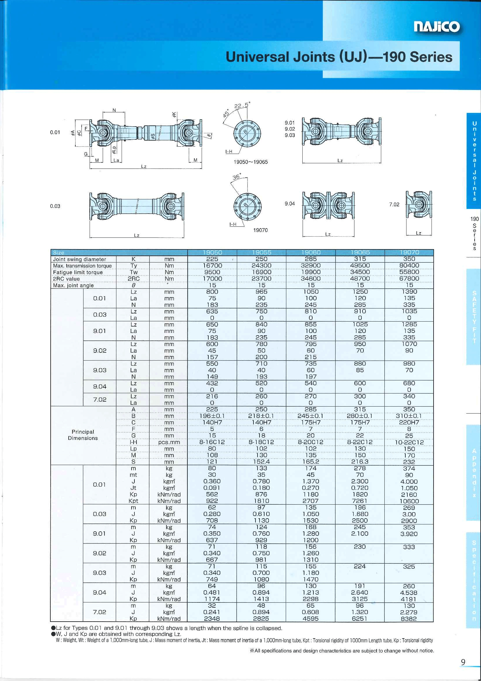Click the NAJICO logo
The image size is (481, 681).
[437, 27]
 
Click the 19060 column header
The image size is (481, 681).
[310, 252]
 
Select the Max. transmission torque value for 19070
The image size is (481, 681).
[409, 265]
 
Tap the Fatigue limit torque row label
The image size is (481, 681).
[78, 272]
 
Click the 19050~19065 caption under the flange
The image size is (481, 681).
[251, 162]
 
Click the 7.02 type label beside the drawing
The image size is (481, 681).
[394, 204]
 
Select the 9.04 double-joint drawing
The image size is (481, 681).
[329, 205]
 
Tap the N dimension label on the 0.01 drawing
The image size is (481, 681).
[114, 110]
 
